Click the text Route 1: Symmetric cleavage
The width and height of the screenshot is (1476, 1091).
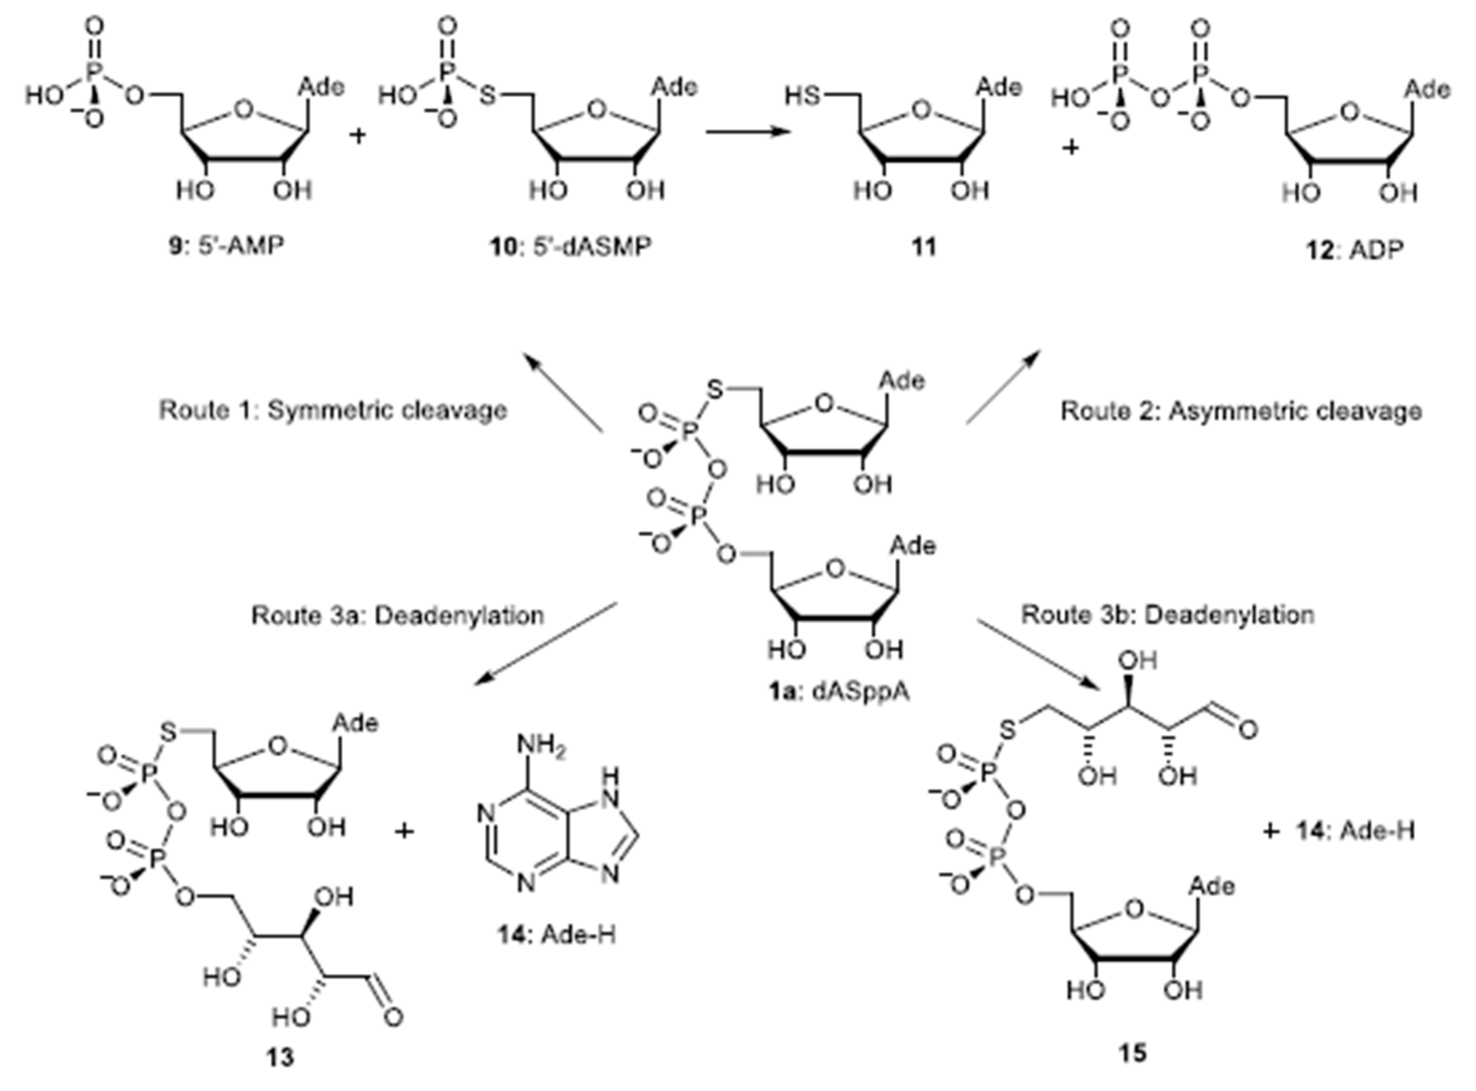click(333, 410)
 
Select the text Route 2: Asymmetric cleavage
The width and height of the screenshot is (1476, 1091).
click(1241, 411)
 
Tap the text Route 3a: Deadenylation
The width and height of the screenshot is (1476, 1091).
click(398, 616)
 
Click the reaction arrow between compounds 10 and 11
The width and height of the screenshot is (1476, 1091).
click(747, 132)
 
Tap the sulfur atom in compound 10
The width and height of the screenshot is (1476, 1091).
click(487, 97)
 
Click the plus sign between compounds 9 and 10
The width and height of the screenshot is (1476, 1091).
click(358, 137)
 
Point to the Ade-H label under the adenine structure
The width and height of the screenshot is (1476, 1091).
click(556, 935)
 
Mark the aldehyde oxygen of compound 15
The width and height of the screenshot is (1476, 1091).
click(1247, 730)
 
